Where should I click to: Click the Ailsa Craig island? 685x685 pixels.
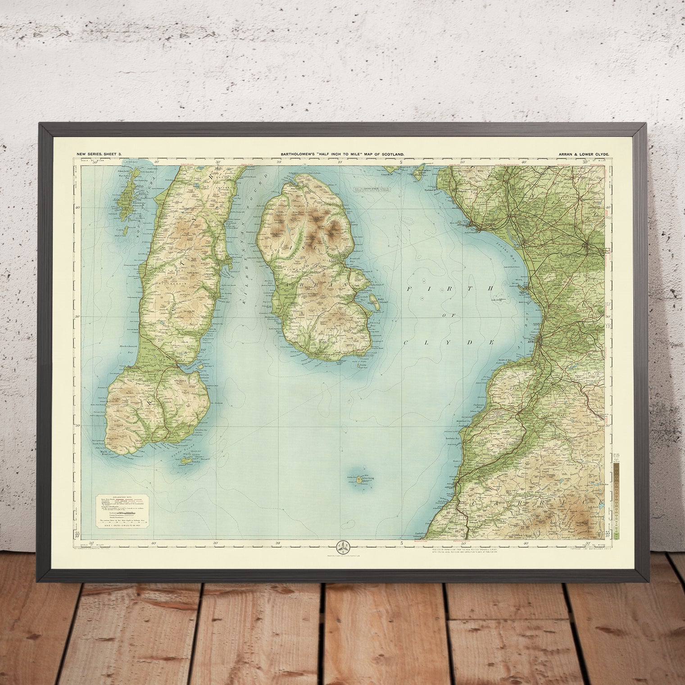click(359, 481)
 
